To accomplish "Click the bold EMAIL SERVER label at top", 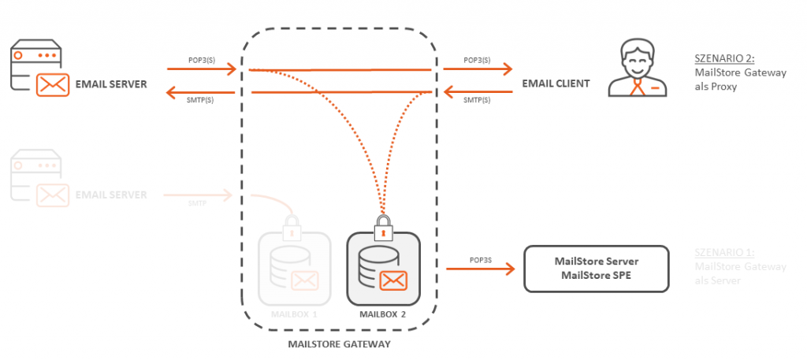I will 110,84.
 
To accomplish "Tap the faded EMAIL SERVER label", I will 110,195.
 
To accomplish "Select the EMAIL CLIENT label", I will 556,84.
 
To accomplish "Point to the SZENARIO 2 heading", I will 723,58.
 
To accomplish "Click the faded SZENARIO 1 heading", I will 724,253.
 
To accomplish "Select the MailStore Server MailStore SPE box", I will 597,268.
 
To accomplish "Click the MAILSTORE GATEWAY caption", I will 339,343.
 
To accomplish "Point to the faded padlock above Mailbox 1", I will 292,228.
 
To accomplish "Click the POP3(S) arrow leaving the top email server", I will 202,69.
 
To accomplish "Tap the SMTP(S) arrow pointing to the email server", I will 202,92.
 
